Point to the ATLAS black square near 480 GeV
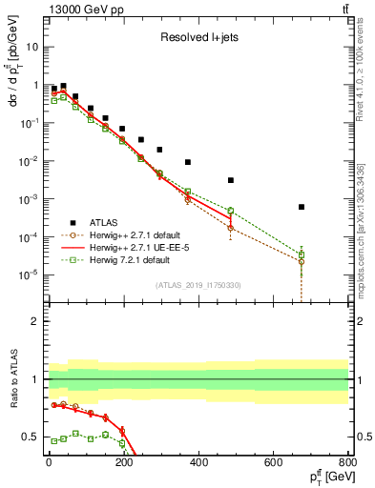coord(230,180)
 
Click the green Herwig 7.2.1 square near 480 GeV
coord(230,211)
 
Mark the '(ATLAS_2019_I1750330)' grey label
coord(198,284)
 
